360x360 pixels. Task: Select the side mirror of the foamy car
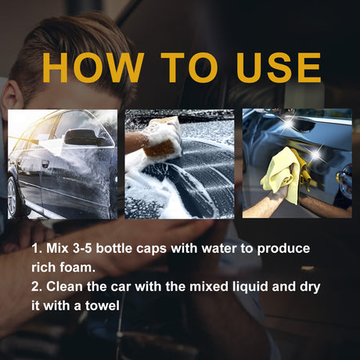tap(78, 137)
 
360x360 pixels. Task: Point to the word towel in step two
tap(101, 306)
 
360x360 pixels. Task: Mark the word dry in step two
tap(308, 287)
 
